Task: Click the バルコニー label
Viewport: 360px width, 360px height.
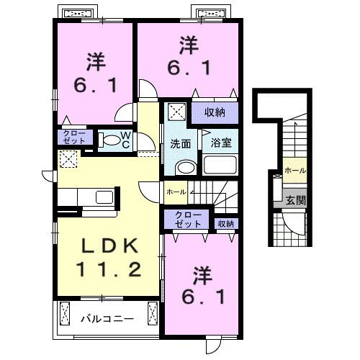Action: click(106, 317)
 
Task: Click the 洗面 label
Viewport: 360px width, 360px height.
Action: click(181, 143)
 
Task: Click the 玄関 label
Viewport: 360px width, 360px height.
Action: click(294, 200)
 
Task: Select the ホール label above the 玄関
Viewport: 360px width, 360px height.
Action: click(294, 171)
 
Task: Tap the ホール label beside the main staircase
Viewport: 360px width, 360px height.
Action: click(176, 193)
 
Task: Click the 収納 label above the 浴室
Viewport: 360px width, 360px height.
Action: click(214, 112)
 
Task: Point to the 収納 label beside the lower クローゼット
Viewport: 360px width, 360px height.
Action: click(225, 224)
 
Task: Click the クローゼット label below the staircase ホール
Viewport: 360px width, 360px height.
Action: click(188, 220)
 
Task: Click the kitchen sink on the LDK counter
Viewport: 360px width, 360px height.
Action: click(104, 197)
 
